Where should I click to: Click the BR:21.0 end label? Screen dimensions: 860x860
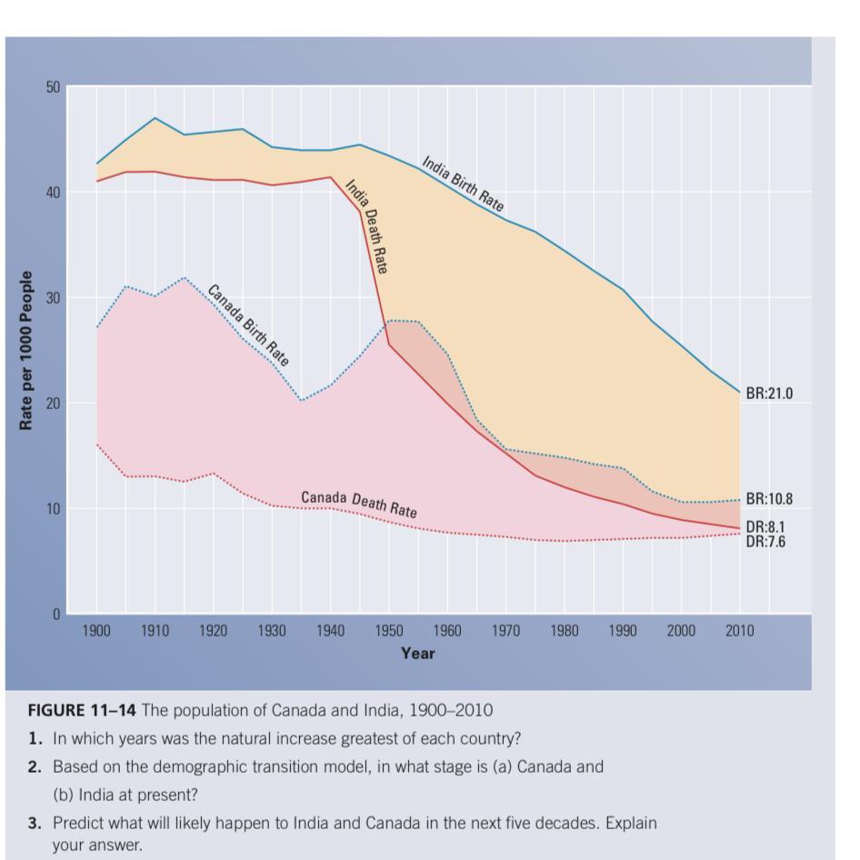(x=769, y=394)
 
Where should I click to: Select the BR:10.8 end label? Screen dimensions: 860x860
(x=769, y=499)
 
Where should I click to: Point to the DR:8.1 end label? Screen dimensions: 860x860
(x=765, y=527)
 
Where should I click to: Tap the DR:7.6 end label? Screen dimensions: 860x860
(x=765, y=542)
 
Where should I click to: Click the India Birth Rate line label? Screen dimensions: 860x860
(x=463, y=185)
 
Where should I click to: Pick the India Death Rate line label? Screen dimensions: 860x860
(x=366, y=226)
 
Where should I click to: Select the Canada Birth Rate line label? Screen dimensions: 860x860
(x=247, y=325)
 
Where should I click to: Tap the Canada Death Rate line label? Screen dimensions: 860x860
(x=359, y=504)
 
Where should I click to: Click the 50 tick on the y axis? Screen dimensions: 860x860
(x=53, y=87)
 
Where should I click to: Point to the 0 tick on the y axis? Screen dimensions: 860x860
(x=56, y=615)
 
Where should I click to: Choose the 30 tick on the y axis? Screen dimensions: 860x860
(x=53, y=298)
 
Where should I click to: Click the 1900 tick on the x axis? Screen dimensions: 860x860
(x=96, y=631)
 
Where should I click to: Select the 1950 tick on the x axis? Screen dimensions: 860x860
(x=389, y=631)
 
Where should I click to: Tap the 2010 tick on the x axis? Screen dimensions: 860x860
(x=739, y=631)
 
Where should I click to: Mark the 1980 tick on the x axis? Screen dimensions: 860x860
(x=564, y=631)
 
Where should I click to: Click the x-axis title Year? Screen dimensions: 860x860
(x=417, y=653)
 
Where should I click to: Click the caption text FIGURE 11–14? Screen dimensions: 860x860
(x=82, y=710)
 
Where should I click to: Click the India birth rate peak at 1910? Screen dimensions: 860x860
(x=155, y=118)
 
